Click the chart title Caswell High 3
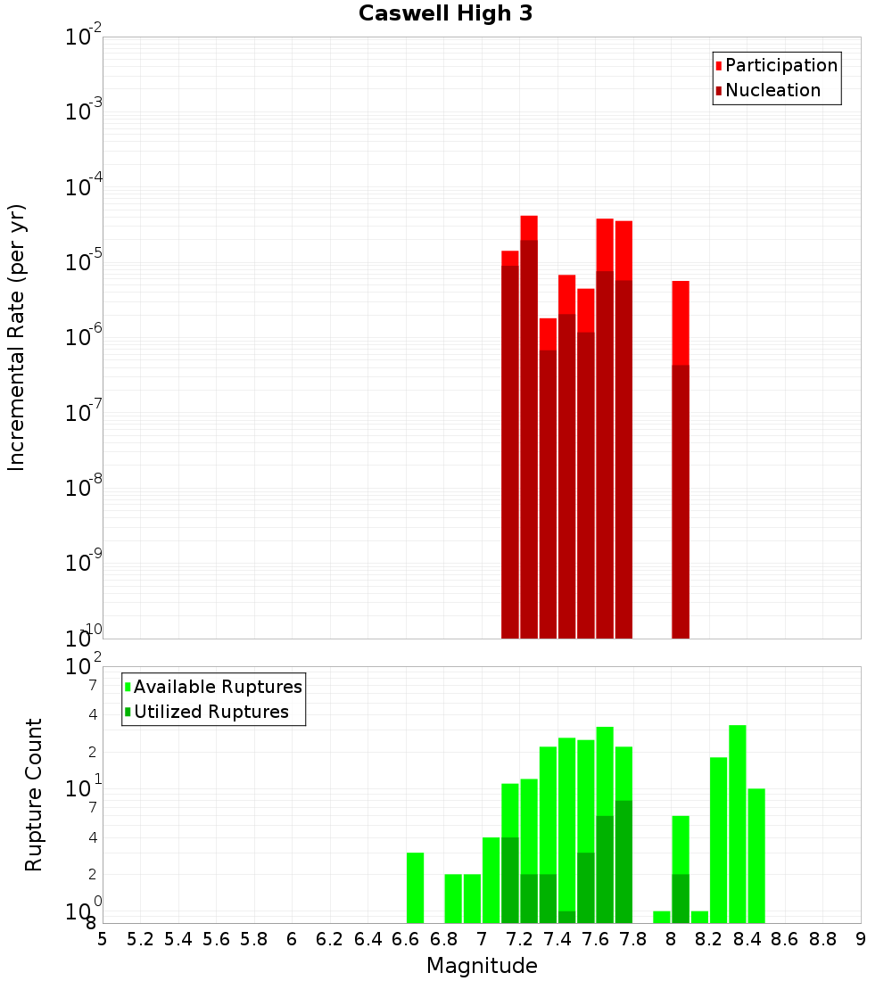pos(445,14)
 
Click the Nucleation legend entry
pos(772,91)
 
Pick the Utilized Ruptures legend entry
pos(211,713)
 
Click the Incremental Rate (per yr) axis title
pos(16,337)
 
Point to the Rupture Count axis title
pos(34,795)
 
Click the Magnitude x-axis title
pos(482,966)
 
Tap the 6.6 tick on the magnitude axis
pos(406,939)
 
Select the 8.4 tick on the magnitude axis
pos(747,939)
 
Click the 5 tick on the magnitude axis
pos(103,939)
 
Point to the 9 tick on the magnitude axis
pos(861,939)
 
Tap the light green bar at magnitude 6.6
pos(416,887)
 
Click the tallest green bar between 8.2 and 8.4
pos(738,824)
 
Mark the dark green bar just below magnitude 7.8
pos(624,861)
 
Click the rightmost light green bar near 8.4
pos(756,855)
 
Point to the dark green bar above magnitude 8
pos(681,898)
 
